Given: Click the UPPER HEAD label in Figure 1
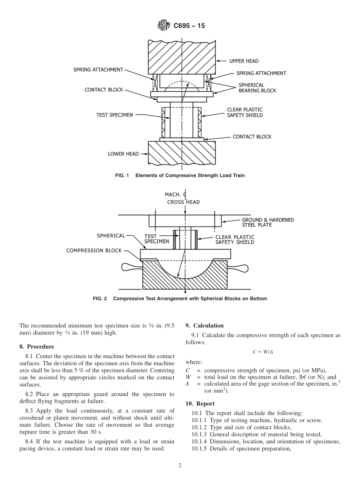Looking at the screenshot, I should coord(244,61).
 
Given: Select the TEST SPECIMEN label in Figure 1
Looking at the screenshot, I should coord(114,115).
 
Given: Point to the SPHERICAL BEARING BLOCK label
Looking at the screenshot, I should coord(257,88).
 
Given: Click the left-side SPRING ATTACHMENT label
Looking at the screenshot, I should coord(98,70).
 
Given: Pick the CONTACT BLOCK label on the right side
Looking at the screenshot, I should coord(252,137).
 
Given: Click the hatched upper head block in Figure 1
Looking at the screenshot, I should coord(182,57).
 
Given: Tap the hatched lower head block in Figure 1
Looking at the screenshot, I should coord(182,153).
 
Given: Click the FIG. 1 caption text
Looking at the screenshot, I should coord(180,175).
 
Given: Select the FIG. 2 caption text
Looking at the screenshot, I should coord(180,299).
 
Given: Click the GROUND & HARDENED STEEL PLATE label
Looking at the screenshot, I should coord(268,222).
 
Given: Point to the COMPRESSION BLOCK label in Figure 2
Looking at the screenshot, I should coord(94,250).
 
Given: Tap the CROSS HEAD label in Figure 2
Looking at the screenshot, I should coord(183,202).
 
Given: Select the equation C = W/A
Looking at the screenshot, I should coord(263,352).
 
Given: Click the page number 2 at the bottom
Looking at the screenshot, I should coord(180,466).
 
